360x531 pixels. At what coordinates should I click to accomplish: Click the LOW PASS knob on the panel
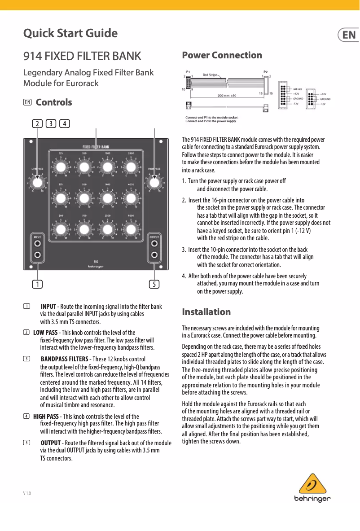tap(38, 183)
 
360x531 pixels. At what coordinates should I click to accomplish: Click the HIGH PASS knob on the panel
tap(154, 183)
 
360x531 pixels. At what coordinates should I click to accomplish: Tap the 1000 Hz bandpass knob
tap(107, 167)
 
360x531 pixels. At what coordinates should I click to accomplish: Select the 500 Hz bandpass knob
tap(83, 198)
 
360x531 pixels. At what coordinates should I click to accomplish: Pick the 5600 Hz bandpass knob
tap(131, 229)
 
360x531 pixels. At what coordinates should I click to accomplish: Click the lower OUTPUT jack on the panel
tap(154, 255)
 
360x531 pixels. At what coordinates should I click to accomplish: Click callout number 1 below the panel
tap(37, 284)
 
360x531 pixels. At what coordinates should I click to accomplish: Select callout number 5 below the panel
tap(154, 284)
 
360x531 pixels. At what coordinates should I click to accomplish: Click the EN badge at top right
tap(349, 35)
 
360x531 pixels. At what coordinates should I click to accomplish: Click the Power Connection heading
tap(222, 55)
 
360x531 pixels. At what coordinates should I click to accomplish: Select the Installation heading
tap(206, 312)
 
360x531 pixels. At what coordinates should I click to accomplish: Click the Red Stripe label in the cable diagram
tap(210, 75)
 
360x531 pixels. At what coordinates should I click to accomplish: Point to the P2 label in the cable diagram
tap(265, 71)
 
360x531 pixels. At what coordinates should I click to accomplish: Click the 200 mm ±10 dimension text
tap(227, 96)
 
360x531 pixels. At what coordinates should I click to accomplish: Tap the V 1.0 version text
tap(27, 494)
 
